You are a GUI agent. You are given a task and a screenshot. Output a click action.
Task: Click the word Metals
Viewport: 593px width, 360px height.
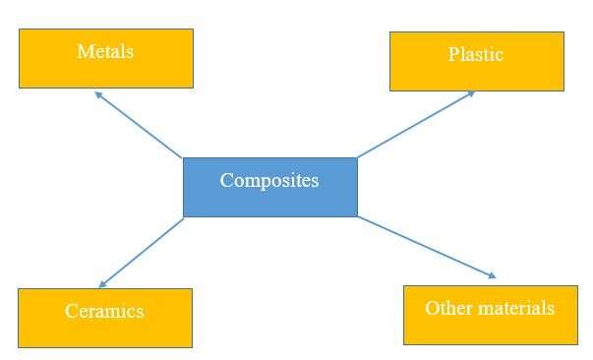(105, 51)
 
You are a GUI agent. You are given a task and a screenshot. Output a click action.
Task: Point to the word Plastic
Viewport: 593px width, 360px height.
(476, 54)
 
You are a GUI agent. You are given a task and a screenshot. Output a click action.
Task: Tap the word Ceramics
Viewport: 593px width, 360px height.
(104, 312)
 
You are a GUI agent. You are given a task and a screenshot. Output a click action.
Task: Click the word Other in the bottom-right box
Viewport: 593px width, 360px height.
(445, 308)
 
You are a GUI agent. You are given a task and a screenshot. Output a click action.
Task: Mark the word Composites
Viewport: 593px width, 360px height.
(269, 180)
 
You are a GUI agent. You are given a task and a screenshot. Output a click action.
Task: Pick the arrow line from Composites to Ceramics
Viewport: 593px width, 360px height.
(142, 252)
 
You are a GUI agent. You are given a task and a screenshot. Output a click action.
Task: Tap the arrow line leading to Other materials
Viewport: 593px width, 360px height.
(425, 247)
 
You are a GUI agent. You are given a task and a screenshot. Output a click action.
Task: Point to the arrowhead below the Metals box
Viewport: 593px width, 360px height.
(98, 94)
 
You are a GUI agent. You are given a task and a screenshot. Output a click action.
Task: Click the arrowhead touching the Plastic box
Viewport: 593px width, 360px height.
(470, 93)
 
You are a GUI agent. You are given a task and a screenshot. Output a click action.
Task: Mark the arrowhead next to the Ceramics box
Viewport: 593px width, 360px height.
(103, 283)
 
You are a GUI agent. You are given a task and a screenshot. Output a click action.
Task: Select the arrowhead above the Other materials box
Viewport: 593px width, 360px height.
(492, 275)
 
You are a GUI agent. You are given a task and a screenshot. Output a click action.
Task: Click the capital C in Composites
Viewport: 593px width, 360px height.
(226, 180)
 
